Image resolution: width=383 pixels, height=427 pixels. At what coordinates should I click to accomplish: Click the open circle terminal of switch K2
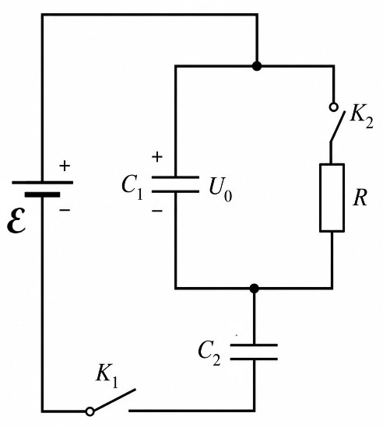[x=333, y=107]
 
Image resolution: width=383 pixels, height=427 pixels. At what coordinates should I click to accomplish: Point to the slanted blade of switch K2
[x=338, y=126]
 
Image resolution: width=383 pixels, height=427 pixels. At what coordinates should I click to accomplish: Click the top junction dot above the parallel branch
[x=257, y=66]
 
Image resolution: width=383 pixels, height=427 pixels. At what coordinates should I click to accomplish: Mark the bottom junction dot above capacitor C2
[x=254, y=288]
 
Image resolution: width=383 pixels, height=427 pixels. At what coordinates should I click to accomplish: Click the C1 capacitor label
[x=132, y=187]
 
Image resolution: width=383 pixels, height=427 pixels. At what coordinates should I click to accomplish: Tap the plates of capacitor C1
[x=175, y=184]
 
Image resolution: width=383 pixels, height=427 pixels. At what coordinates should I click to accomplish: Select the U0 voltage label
[x=220, y=189]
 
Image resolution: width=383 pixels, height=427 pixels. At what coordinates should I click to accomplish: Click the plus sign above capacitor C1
[x=157, y=157]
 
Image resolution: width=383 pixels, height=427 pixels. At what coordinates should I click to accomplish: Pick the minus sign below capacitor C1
[x=157, y=211]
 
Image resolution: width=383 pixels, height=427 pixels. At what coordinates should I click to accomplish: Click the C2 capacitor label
[x=209, y=353]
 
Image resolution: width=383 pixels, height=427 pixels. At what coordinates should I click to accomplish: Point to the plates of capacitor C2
[x=254, y=352]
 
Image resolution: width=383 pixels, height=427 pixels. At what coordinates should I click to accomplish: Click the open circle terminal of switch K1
[x=90, y=411]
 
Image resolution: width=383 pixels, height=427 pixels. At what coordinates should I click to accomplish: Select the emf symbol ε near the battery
[x=16, y=220]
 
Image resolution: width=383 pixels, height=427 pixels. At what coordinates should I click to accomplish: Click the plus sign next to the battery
[x=65, y=166]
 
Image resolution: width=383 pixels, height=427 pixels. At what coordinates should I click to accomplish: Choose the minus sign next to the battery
[x=65, y=209]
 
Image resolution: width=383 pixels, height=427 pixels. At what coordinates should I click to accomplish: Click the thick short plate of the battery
[x=42, y=194]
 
